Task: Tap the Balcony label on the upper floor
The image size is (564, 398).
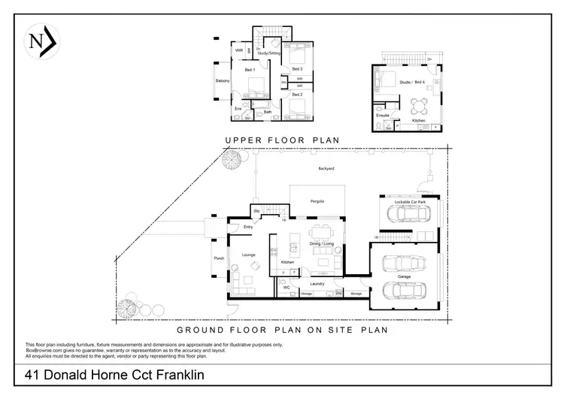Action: click(223, 80)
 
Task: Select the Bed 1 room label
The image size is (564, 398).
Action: click(250, 70)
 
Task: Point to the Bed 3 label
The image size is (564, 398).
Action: click(297, 68)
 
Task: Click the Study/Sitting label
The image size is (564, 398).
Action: click(270, 54)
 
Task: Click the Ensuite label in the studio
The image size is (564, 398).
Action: click(383, 116)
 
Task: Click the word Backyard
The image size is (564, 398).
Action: click(325, 168)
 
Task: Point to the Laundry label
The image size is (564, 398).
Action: click(316, 283)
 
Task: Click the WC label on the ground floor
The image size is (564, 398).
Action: click(287, 287)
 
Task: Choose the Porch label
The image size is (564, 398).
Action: click(219, 259)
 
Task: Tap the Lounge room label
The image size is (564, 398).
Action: click(249, 255)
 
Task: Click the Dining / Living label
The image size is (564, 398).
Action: click(321, 244)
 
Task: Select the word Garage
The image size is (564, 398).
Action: click(404, 276)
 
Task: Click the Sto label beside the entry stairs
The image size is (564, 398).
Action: click(257, 211)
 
